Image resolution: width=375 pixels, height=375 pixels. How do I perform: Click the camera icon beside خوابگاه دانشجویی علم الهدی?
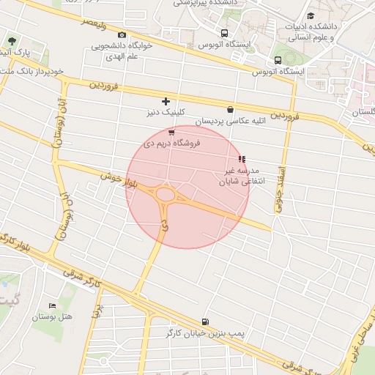click(122, 35)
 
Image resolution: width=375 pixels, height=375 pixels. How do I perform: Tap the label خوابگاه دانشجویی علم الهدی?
click(122, 50)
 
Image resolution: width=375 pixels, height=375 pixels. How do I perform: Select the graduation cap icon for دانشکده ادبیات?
click(311, 15)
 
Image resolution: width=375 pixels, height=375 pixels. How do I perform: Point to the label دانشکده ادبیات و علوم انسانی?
click(313, 30)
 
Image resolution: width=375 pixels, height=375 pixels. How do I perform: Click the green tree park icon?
click(11, 41)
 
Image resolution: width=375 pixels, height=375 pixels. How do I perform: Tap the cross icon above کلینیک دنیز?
click(166, 101)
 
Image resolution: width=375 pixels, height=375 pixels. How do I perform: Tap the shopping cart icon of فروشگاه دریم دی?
click(171, 133)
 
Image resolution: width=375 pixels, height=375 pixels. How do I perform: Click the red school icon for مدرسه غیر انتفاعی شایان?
click(242, 159)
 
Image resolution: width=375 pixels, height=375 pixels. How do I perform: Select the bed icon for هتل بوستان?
click(51, 305)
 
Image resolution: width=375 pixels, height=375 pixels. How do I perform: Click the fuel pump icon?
click(204, 321)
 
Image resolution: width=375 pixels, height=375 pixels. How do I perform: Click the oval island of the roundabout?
click(166, 195)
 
